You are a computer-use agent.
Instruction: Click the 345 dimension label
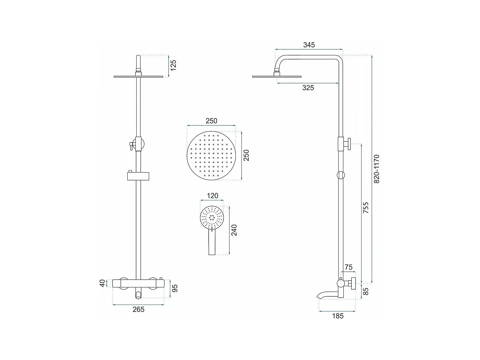pyautogui.click(x=309, y=45)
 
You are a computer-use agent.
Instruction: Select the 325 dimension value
pyautogui.click(x=308, y=88)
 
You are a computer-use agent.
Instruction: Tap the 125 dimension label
pyautogui.click(x=173, y=65)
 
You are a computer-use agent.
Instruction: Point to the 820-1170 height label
pyautogui.click(x=377, y=169)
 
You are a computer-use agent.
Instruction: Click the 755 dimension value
pyautogui.click(x=366, y=208)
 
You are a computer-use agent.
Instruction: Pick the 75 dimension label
pyautogui.click(x=348, y=267)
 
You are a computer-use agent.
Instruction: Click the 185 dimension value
pyautogui.click(x=338, y=316)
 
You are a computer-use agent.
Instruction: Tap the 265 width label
pyautogui.click(x=139, y=309)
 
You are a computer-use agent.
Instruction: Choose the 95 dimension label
pyautogui.click(x=175, y=288)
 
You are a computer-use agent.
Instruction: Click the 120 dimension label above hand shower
pyautogui.click(x=212, y=196)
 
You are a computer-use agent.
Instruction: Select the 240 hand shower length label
pyautogui.click(x=234, y=230)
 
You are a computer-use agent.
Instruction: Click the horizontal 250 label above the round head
pyautogui.click(x=211, y=121)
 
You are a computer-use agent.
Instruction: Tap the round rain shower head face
pyautogui.click(x=211, y=156)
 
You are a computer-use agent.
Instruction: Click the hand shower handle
pyautogui.click(x=212, y=243)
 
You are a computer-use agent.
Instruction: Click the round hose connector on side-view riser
pyautogui.click(x=341, y=175)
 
